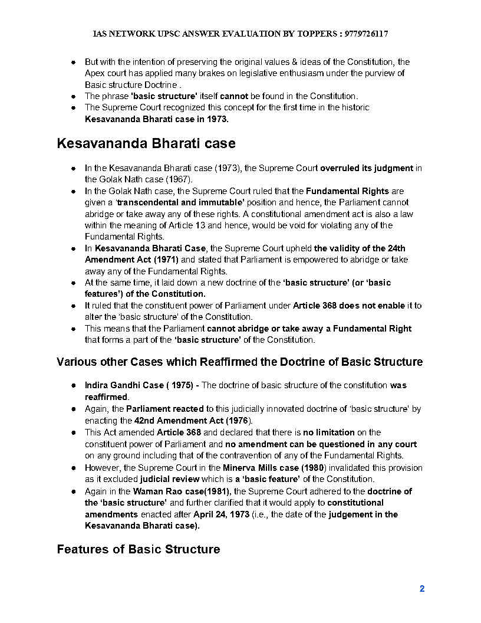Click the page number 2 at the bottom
point(422,588)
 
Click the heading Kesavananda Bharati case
point(146,143)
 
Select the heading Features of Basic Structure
point(139,549)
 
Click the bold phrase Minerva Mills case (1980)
point(266,467)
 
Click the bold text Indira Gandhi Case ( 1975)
point(139,385)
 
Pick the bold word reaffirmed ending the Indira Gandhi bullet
point(106,397)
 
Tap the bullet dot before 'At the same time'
point(73,283)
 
